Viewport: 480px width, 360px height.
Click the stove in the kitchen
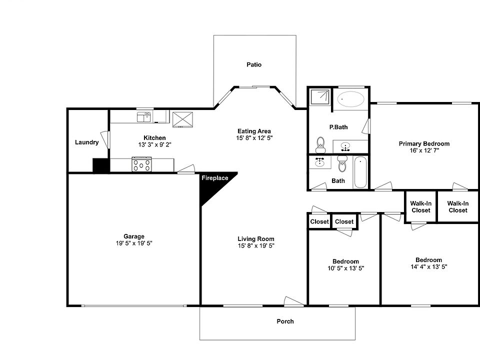coord(141,164)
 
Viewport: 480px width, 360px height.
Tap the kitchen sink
coord(144,117)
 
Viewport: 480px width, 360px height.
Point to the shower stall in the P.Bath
coord(319,97)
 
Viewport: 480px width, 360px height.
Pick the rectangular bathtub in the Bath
coord(360,172)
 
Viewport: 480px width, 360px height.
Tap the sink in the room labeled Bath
coord(319,162)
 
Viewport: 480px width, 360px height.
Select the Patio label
coord(254,64)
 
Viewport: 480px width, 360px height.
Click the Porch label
coord(285,321)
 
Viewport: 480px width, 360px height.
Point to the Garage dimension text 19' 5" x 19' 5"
coord(134,243)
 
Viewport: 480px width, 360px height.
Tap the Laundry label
coord(86,142)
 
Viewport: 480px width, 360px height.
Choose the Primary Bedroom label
coord(424,143)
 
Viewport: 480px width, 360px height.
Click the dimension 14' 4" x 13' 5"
coord(428,267)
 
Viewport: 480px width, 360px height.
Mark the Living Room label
coord(255,238)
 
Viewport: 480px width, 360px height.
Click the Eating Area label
coord(254,131)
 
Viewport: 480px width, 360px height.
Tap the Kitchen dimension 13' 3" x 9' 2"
coord(154,144)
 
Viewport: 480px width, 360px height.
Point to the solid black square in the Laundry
coord(100,165)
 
